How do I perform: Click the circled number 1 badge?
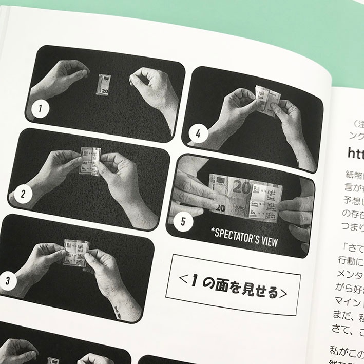click(x=37, y=109)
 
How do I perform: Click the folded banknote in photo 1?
click(x=103, y=85)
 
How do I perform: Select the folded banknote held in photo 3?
click(x=75, y=252)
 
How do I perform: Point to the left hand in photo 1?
click(x=58, y=80)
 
